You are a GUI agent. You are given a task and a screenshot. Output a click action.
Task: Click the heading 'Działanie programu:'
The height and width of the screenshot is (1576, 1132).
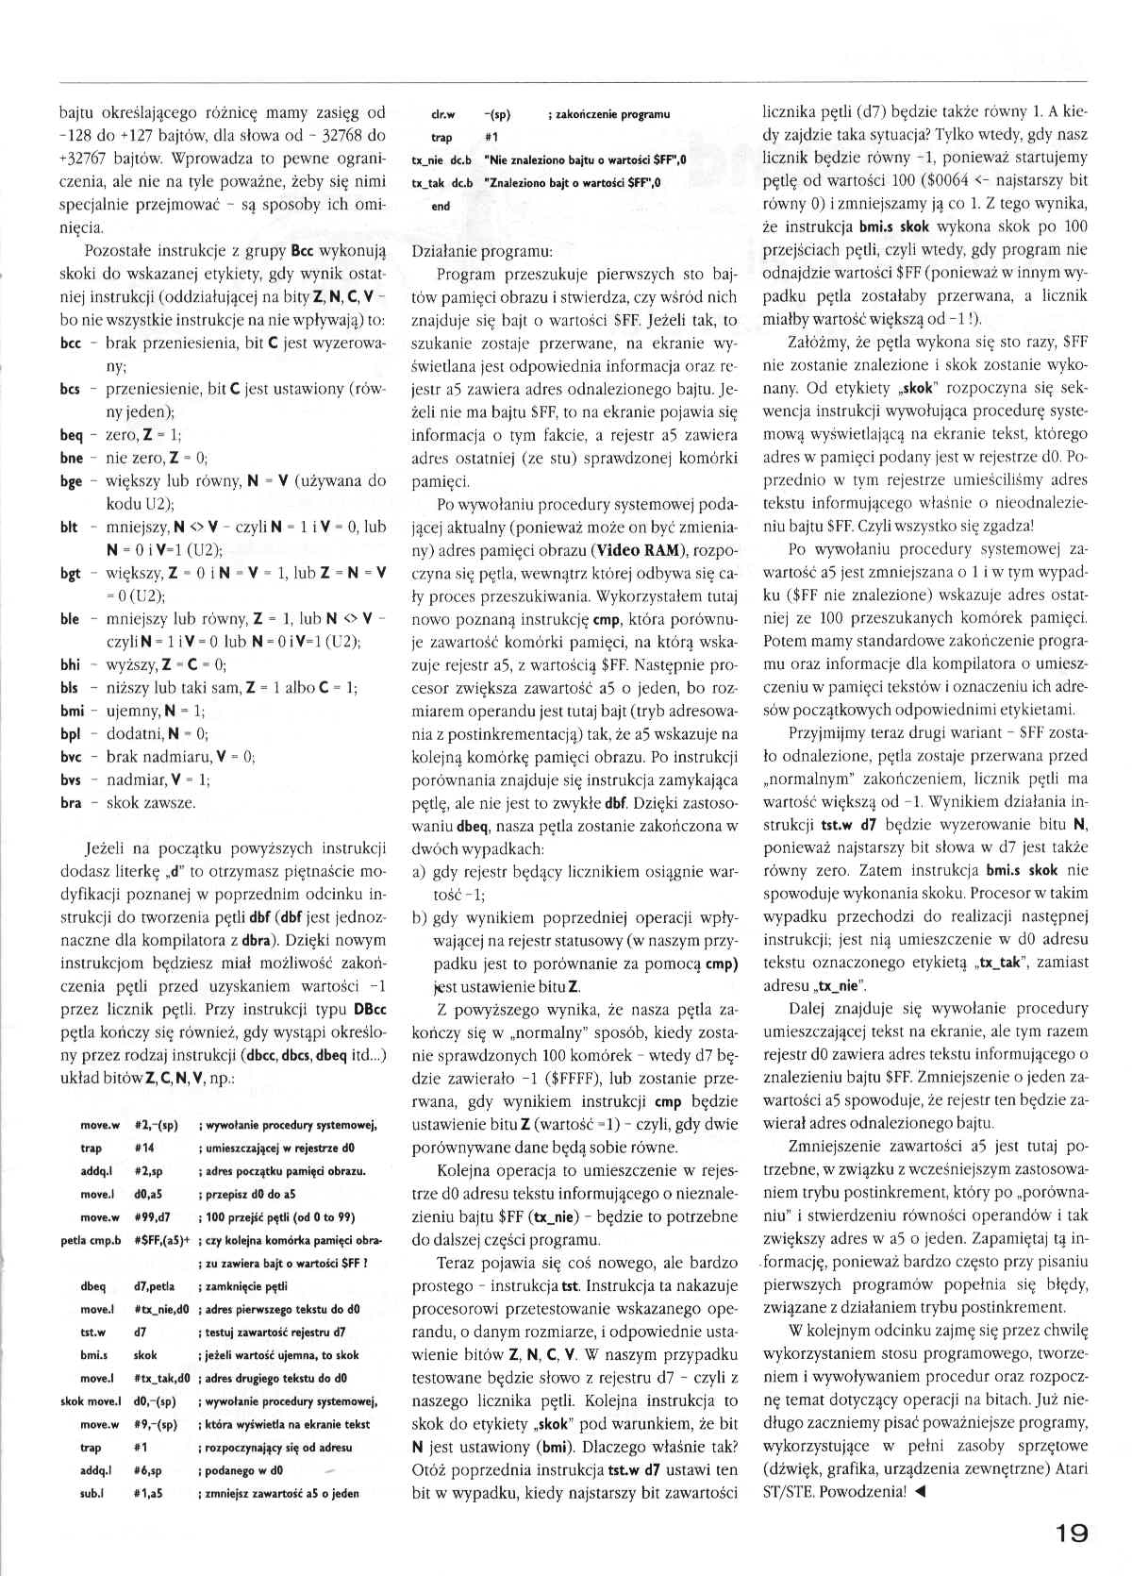[x=483, y=252]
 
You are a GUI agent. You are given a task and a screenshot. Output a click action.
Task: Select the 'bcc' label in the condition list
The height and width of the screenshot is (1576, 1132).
[x=70, y=344]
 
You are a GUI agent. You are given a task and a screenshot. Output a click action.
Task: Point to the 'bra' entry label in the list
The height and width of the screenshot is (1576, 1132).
[x=71, y=802]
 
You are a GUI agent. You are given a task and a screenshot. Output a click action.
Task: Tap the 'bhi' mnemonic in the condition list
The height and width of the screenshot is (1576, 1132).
[x=71, y=664]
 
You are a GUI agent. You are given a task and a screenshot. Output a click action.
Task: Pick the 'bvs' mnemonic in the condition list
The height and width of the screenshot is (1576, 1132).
[x=71, y=780]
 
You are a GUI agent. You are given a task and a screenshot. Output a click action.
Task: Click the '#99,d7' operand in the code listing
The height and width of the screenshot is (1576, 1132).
[x=153, y=1217]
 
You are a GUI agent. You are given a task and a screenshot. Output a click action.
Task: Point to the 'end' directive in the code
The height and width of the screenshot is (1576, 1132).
[x=441, y=206]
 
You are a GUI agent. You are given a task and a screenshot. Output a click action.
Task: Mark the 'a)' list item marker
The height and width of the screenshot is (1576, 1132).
[x=421, y=871]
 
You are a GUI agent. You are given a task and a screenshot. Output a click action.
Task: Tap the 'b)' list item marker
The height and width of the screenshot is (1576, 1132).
[x=421, y=917]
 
